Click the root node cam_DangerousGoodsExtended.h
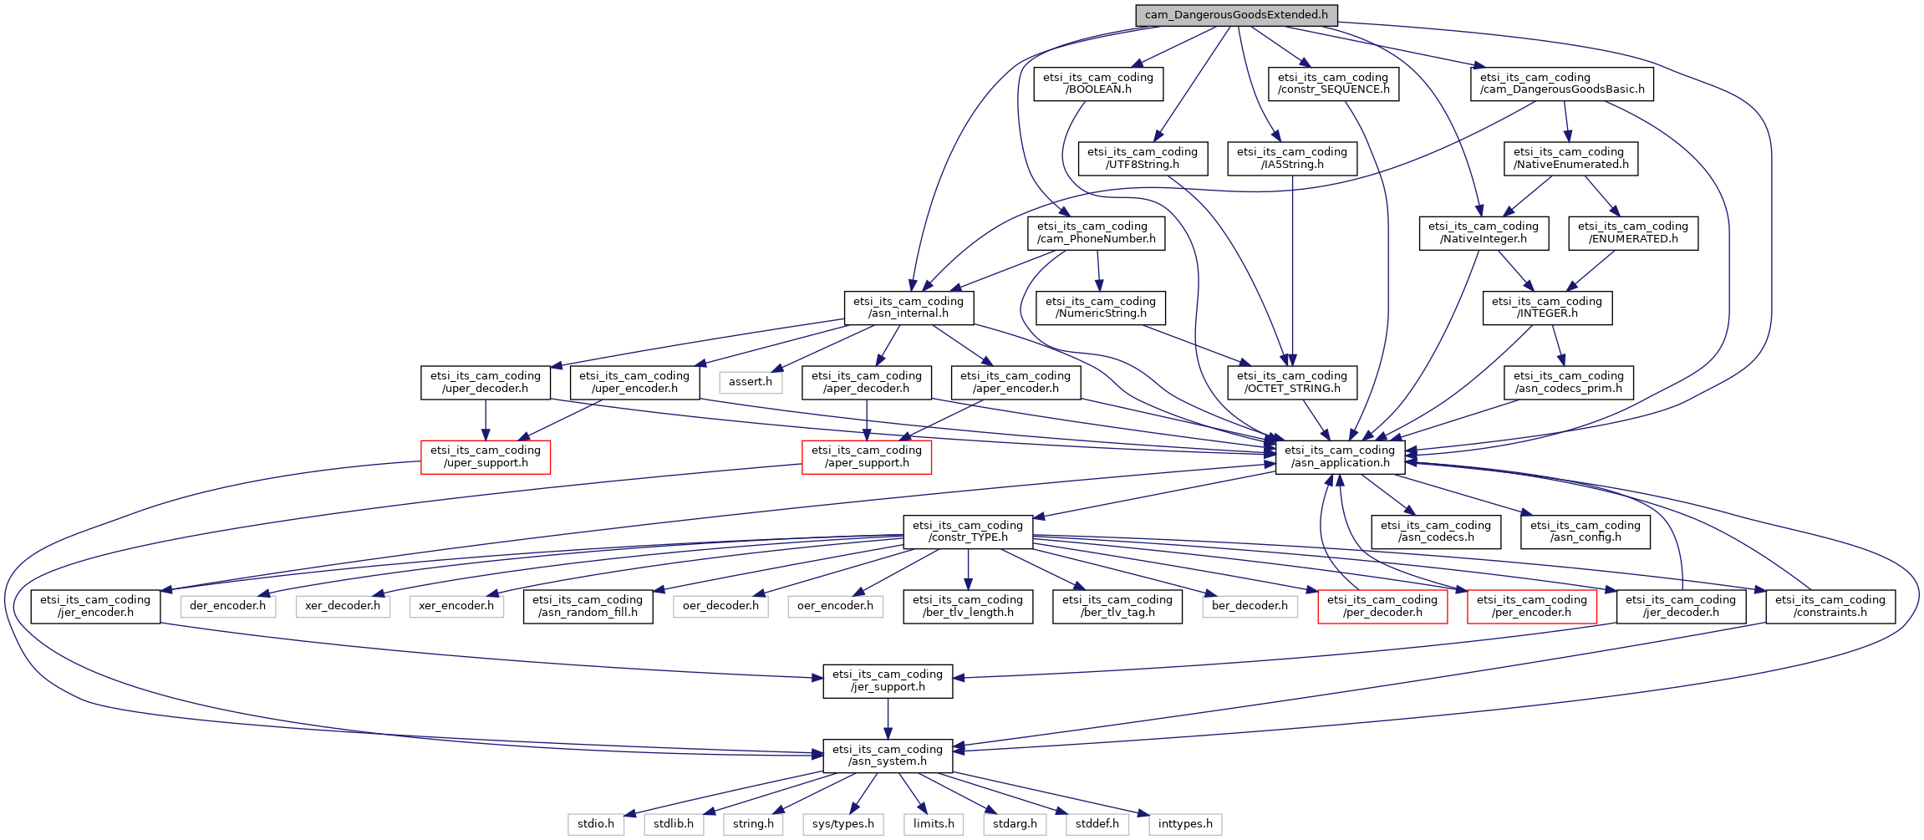pyautogui.click(x=1236, y=15)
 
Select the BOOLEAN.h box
pyautogui.click(x=1098, y=84)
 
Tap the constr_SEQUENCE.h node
pyautogui.click(x=1333, y=84)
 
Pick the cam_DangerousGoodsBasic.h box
pyautogui.click(x=1562, y=84)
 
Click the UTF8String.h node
pyautogui.click(x=1143, y=158)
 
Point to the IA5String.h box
pyautogui.click(x=1292, y=158)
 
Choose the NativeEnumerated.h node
pyautogui.click(x=1571, y=158)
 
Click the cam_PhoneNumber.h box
pyautogui.click(x=1097, y=232)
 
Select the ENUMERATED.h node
pyautogui.click(x=1633, y=232)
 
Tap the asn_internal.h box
pyautogui.click(x=909, y=308)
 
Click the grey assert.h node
pyautogui.click(x=751, y=382)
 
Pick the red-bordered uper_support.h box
pyautogui.click(x=486, y=456)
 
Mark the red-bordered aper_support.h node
pyautogui.click(x=867, y=456)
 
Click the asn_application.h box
pyautogui.click(x=1340, y=456)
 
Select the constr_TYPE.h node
pyautogui.click(x=968, y=531)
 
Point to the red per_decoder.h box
pyautogui.click(x=1382, y=606)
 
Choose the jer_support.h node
pyautogui.click(x=888, y=680)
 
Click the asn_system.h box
pyautogui.click(x=888, y=755)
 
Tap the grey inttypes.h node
pyautogui.click(x=1185, y=824)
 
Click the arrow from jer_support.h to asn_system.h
pyautogui.click(x=888, y=718)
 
